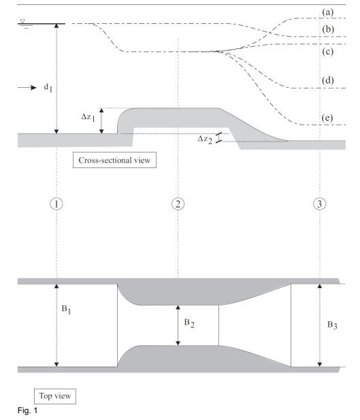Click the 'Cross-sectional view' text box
pyautogui.click(x=115, y=162)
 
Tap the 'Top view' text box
pyautogui.click(x=50, y=395)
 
